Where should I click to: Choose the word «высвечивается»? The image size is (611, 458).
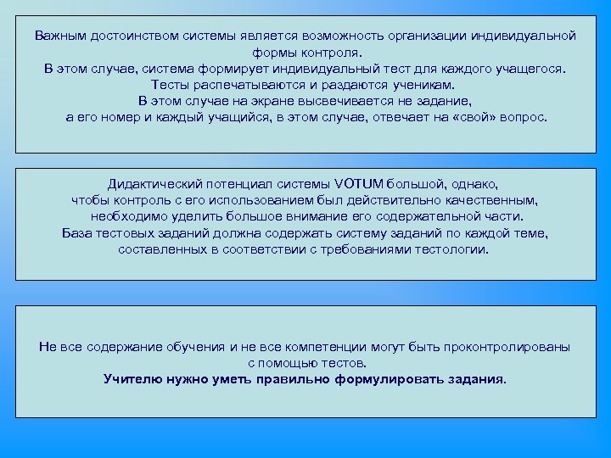339,101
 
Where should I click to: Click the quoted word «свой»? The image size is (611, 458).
481,117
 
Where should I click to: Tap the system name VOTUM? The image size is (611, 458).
359,184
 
